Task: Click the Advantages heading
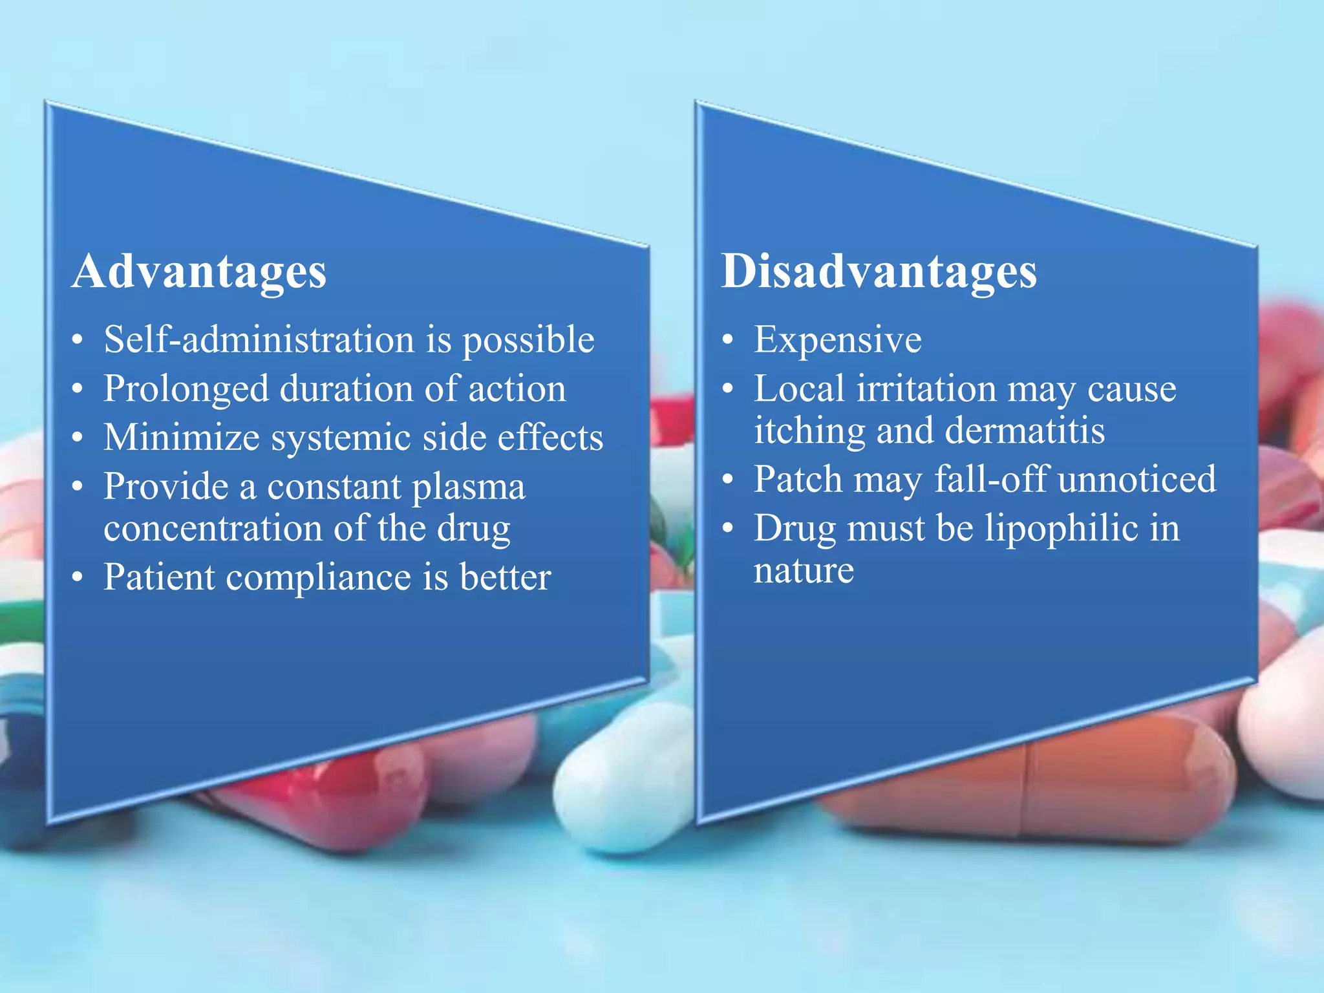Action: click(199, 272)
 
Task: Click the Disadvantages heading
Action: click(879, 272)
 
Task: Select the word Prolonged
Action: click(186, 389)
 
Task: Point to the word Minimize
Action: click(182, 438)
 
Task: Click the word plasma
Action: click(469, 487)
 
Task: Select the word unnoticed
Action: click(1137, 479)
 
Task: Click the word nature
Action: click(804, 571)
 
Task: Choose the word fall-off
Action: click(992, 479)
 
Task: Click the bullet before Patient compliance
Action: click(78, 577)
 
